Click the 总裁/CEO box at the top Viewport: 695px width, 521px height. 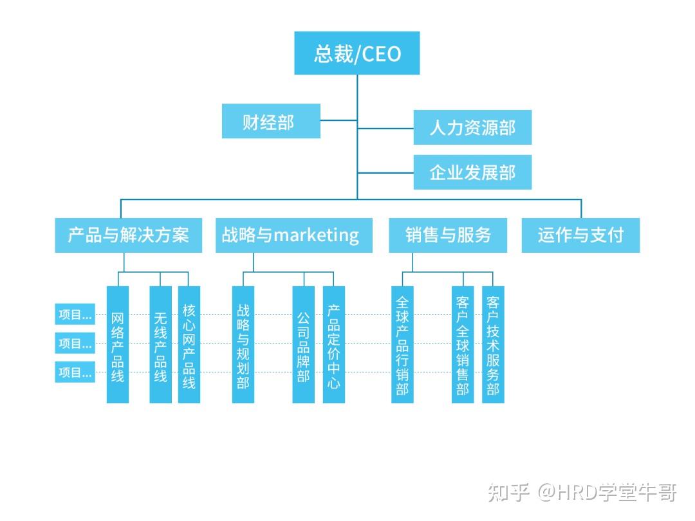pyautogui.click(x=357, y=53)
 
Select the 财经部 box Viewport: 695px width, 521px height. pyautogui.click(x=271, y=121)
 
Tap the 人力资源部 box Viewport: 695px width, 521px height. pyautogui.click(x=472, y=127)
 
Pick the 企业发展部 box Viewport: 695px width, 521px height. pyautogui.click(x=472, y=172)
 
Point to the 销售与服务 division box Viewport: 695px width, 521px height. pyautogui.click(x=448, y=235)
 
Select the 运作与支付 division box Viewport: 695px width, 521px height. pyautogui.click(x=580, y=235)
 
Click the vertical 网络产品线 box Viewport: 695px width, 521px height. pyautogui.click(x=117, y=345)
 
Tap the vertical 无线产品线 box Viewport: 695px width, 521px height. pyautogui.click(x=160, y=345)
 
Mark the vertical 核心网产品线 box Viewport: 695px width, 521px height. pyautogui.click(x=189, y=345)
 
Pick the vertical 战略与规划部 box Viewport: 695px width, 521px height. pyautogui.click(x=243, y=345)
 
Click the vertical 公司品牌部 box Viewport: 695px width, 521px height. pyautogui.click(x=303, y=345)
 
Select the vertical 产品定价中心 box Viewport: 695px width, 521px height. pyautogui.click(x=333, y=345)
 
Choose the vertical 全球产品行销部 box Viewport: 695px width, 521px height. pyautogui.click(x=402, y=345)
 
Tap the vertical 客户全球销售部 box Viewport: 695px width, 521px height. pyautogui.click(x=462, y=345)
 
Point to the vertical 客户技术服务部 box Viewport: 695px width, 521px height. pyautogui.click(x=493, y=345)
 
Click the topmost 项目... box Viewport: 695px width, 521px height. pyautogui.click(x=75, y=315)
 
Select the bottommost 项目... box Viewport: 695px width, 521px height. pyautogui.click(x=75, y=372)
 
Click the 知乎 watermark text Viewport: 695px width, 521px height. pyautogui.click(x=508, y=493)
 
